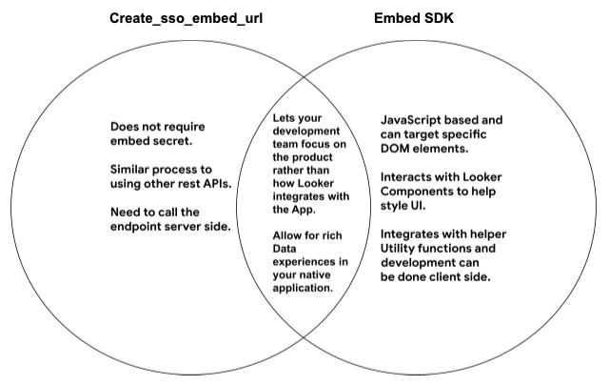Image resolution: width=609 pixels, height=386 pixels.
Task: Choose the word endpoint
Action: pyautogui.click(x=141, y=226)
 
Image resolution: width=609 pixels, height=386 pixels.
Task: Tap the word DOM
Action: pyautogui.click(x=395, y=150)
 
